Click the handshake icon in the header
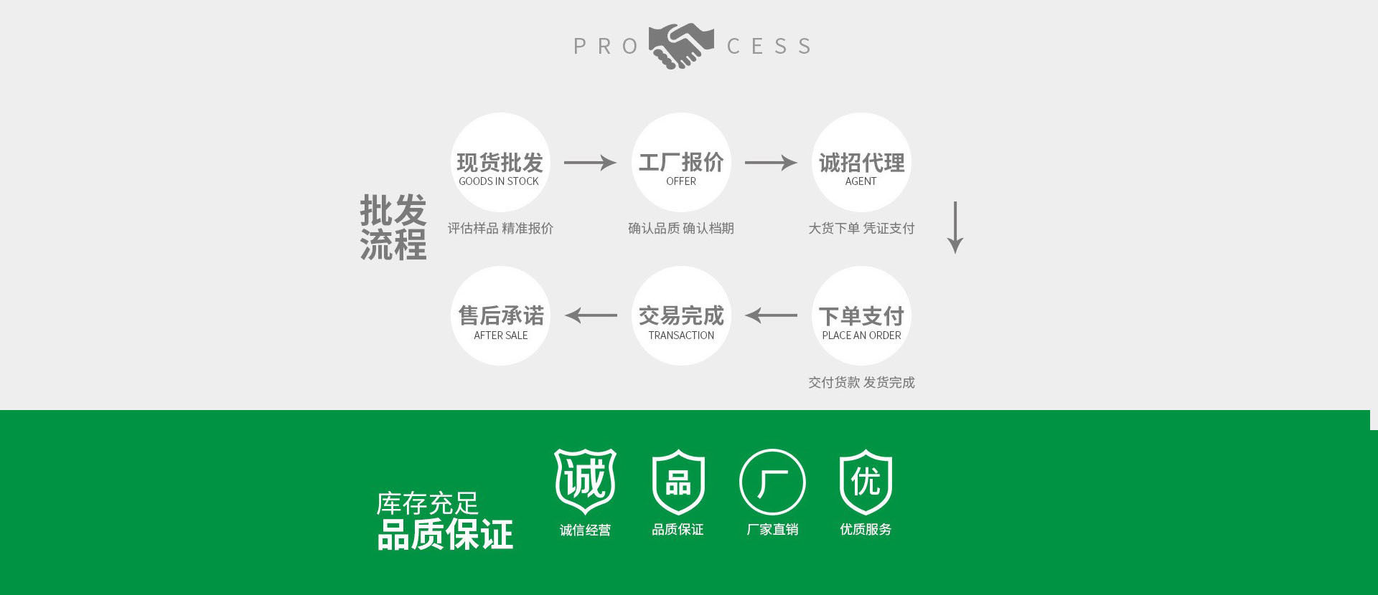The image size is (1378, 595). pos(681,46)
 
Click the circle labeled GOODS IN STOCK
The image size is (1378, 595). pos(500,163)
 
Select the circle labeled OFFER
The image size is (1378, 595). pos(681,163)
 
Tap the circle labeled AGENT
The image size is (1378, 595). pos(861,163)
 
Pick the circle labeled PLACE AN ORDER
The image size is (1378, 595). pos(861,316)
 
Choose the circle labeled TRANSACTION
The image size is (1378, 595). pos(681,316)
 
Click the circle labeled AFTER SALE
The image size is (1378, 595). pos(500,316)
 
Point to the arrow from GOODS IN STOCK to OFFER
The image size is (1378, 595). pos(590,163)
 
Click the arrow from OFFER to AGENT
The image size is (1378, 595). pos(771,163)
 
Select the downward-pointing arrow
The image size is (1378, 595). pos(955,227)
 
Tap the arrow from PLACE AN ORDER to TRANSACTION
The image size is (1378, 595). pos(771,315)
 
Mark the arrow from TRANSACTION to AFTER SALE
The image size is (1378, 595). pos(591,315)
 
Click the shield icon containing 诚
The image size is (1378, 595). pos(585,481)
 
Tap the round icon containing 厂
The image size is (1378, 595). pos(772,482)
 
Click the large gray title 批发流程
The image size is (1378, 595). pos(393,227)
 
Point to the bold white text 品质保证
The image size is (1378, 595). pos(445,535)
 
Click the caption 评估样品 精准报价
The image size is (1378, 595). pos(500,229)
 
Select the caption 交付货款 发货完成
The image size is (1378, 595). pos(861,383)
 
